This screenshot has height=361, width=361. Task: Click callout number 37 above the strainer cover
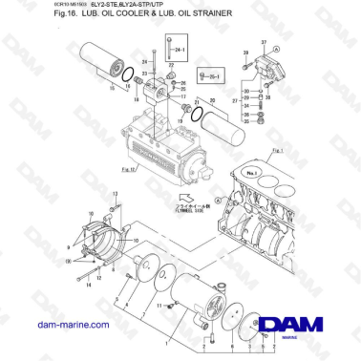click(277, 44)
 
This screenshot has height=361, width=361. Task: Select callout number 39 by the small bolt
click(245, 53)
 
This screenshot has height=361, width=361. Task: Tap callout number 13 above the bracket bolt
click(117, 194)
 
